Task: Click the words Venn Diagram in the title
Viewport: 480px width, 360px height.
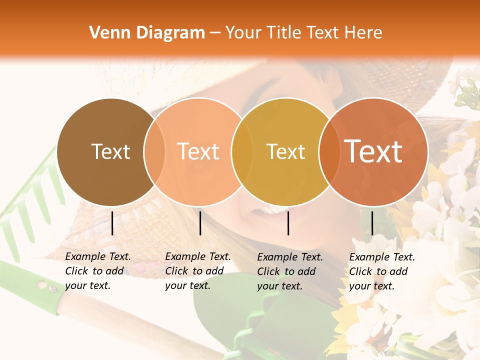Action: pos(147,33)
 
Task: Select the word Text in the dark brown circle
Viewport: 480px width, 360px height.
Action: pos(110,151)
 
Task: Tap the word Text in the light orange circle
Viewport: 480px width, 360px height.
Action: pos(198,151)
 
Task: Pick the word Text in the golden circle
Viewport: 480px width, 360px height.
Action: pos(285,151)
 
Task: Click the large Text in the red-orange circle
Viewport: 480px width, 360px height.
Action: pos(373,151)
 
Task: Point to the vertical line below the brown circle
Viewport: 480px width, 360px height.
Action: pos(112,223)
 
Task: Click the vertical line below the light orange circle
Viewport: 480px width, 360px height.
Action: pos(200,223)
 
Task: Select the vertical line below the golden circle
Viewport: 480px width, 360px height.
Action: pos(288,223)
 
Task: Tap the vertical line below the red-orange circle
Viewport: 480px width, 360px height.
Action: pos(372,223)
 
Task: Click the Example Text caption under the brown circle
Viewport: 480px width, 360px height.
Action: pos(98,271)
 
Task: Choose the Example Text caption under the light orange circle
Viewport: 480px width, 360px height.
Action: pos(198,271)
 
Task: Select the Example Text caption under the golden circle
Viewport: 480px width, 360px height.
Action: pos(290,271)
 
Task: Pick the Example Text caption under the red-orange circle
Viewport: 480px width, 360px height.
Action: pos(382,271)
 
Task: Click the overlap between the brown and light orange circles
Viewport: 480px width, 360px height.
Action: pos(154,152)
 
